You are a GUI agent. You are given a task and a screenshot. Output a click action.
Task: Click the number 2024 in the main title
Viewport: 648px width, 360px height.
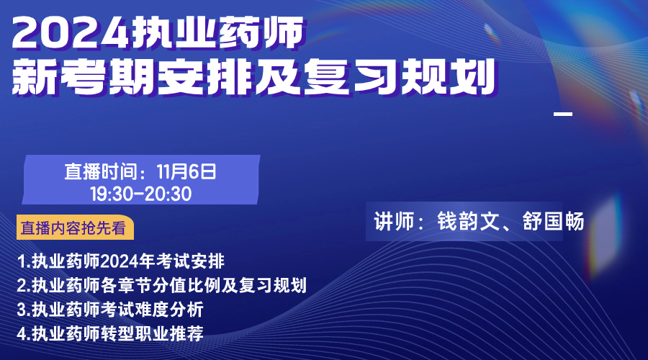[x=71, y=33]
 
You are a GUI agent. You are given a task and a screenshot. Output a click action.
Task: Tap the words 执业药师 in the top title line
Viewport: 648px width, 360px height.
[x=217, y=32]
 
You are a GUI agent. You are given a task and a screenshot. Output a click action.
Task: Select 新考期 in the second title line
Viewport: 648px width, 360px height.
[x=85, y=77]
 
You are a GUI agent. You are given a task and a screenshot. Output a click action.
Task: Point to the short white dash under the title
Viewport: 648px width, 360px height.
[x=563, y=114]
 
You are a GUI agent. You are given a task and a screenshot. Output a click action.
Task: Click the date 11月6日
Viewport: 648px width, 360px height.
[x=186, y=171]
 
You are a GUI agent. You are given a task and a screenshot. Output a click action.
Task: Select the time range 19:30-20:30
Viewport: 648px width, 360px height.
[x=141, y=194]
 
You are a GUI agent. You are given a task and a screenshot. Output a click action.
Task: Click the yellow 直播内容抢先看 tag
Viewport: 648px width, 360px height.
[x=75, y=228]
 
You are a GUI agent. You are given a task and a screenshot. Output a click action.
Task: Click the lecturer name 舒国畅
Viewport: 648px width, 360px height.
[x=553, y=222]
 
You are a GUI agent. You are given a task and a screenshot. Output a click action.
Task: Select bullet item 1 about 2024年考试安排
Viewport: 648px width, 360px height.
[x=121, y=261]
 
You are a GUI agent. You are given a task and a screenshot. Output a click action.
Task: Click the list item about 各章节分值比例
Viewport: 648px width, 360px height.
[x=161, y=285]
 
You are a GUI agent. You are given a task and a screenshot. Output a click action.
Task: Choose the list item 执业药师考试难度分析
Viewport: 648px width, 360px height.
[x=110, y=309]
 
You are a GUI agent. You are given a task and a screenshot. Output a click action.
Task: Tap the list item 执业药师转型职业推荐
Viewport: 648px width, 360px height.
[x=110, y=333]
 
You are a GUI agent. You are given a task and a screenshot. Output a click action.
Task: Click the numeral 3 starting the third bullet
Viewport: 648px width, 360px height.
[x=22, y=310]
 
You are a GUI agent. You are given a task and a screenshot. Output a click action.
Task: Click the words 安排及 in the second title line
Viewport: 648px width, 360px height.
[x=230, y=77]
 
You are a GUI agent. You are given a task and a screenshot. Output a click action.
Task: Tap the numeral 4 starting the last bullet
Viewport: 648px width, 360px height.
[x=22, y=333]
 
